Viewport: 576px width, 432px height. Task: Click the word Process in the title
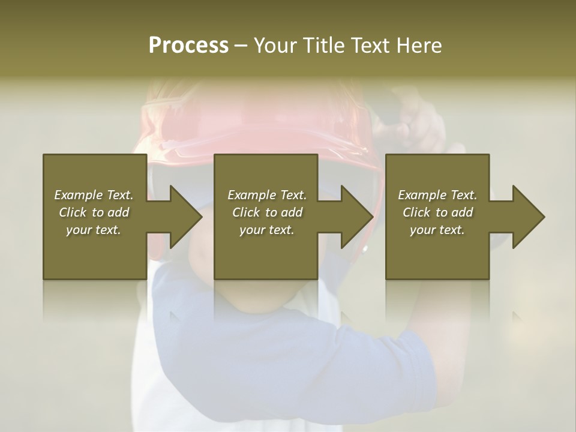188,46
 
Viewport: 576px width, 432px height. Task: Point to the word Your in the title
276,46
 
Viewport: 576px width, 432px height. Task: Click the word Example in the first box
78,195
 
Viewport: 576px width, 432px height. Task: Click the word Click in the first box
73,212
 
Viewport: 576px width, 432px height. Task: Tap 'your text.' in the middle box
266,230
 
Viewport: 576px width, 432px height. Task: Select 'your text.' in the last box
437,230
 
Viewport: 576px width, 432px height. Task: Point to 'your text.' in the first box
94,230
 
